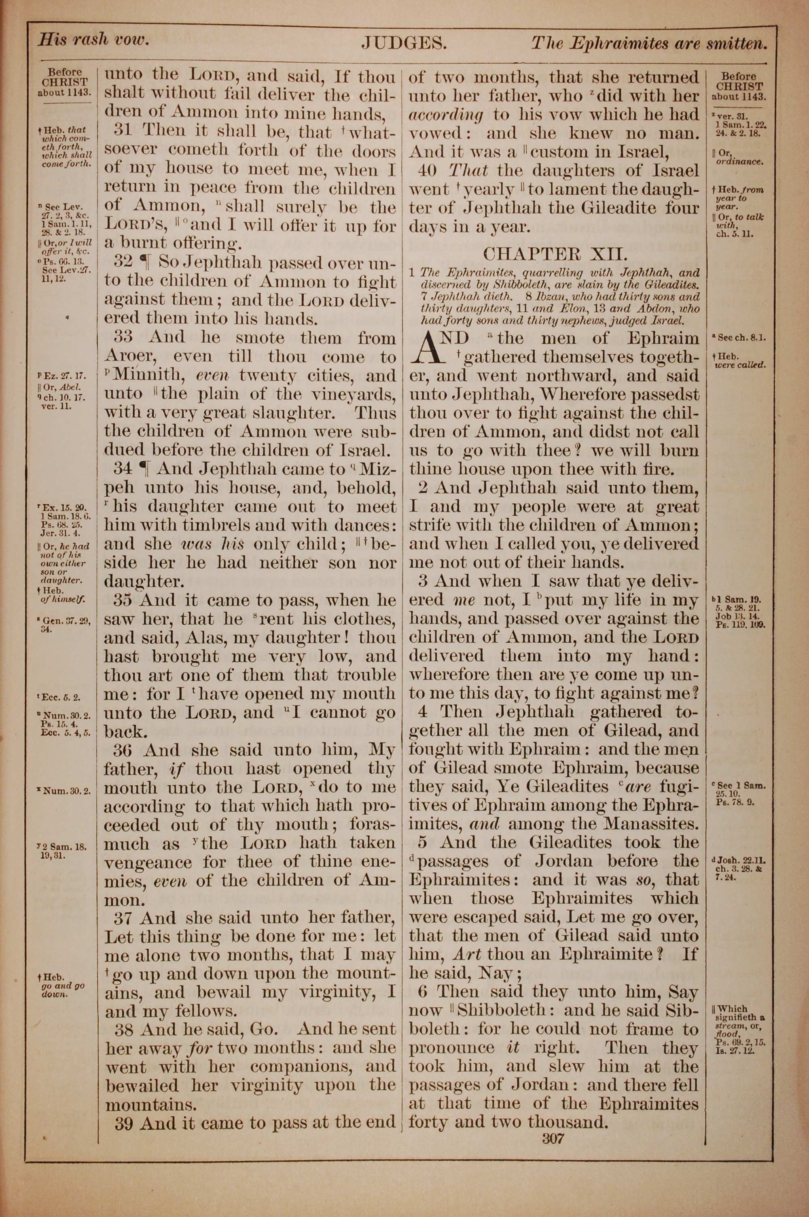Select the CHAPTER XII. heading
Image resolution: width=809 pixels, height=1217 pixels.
click(555, 254)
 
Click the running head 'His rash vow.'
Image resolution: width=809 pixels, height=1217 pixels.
click(93, 40)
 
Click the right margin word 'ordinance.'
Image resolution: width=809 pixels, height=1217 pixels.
click(739, 161)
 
